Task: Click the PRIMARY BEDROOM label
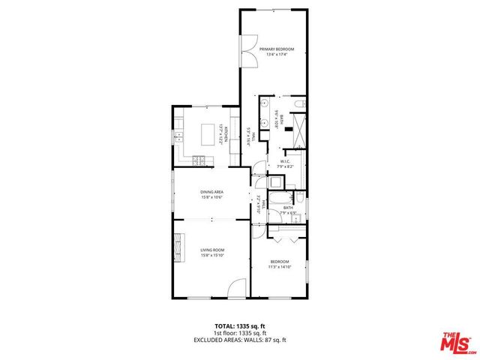[277, 49]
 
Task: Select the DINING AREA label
[211, 193]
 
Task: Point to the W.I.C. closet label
[286, 161]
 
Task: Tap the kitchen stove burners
[199, 159]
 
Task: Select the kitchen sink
[178, 137]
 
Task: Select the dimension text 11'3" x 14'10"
[280, 266]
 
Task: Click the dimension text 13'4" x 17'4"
[277, 55]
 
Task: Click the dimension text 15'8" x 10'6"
[211, 198]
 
